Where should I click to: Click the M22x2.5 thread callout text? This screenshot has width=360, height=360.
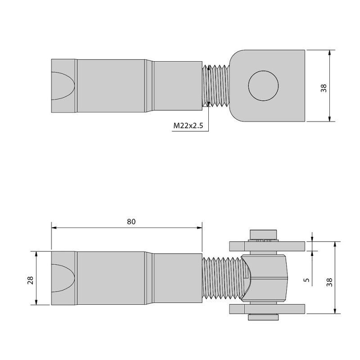(x=189, y=127)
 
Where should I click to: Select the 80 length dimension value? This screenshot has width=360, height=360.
(x=131, y=221)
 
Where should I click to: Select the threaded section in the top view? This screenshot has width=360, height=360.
(x=216, y=85)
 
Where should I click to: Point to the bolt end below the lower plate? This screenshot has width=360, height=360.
(x=263, y=318)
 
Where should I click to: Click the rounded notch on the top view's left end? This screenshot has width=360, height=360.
(x=62, y=85)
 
